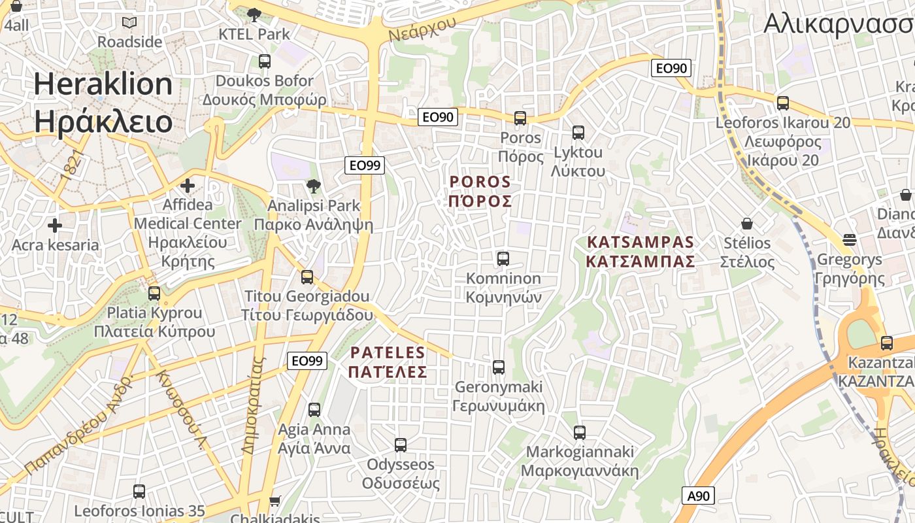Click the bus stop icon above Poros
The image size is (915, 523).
click(520, 118)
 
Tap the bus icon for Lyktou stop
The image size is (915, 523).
click(578, 133)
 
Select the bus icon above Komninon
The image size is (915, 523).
click(503, 259)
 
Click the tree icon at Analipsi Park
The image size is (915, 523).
click(313, 186)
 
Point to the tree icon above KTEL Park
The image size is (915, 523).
click(254, 14)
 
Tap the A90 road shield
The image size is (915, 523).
click(698, 496)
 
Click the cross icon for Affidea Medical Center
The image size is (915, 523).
click(188, 186)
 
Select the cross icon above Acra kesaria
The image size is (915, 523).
click(55, 226)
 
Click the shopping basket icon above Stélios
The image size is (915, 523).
click(747, 224)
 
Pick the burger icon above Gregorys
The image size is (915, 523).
click(849, 240)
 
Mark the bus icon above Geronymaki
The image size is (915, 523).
click(499, 367)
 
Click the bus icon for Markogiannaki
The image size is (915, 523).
click(580, 432)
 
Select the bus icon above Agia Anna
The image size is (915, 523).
click(314, 410)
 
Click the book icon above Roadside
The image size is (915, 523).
click(129, 22)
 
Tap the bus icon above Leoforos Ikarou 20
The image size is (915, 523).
click(782, 103)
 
